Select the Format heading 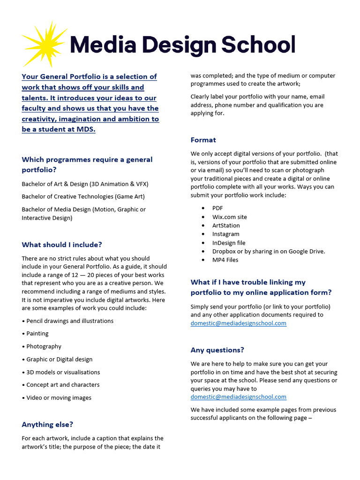point(203,140)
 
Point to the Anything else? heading point(47,425)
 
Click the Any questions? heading point(217,350)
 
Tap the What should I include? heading point(62,245)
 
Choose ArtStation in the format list point(226,225)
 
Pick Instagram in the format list point(225,234)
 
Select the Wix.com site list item point(229,217)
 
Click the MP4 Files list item point(225,260)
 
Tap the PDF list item point(217,208)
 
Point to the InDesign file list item point(229,243)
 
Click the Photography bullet point(44,346)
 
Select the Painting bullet point(37,334)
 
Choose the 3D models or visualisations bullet point(63,372)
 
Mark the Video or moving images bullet point(59,398)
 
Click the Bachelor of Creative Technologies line point(83,196)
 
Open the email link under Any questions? point(238,397)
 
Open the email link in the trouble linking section point(238,323)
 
